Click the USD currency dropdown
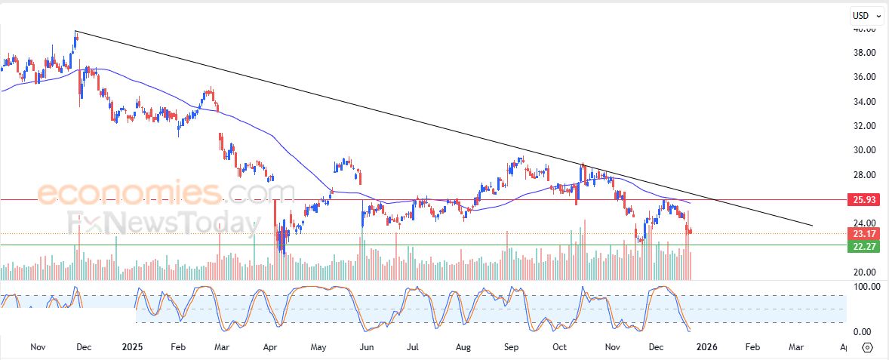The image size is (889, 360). pyautogui.click(x=864, y=15)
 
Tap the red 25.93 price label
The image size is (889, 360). pyautogui.click(x=864, y=200)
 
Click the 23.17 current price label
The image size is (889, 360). pyautogui.click(x=864, y=233)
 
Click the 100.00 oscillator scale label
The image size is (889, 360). pyautogui.click(x=862, y=287)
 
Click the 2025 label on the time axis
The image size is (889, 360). pyautogui.click(x=132, y=347)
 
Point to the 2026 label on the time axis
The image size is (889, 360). pyautogui.click(x=706, y=347)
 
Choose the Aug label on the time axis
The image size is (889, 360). pyautogui.click(x=463, y=347)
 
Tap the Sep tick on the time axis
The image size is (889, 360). pyautogui.click(x=511, y=347)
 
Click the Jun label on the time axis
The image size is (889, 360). pyautogui.click(x=367, y=347)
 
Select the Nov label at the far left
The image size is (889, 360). pyautogui.click(x=38, y=347)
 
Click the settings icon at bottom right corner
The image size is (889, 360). pyautogui.click(x=867, y=347)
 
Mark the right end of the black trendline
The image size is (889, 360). pyautogui.click(x=812, y=226)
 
